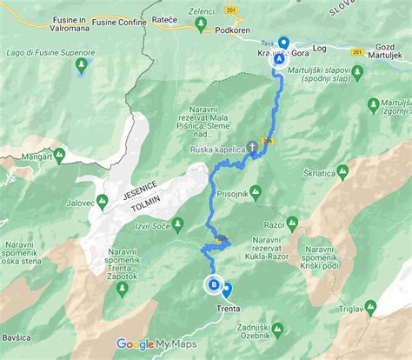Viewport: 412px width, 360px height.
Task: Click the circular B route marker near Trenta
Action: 213,283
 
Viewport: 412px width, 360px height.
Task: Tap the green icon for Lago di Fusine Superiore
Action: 83,64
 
